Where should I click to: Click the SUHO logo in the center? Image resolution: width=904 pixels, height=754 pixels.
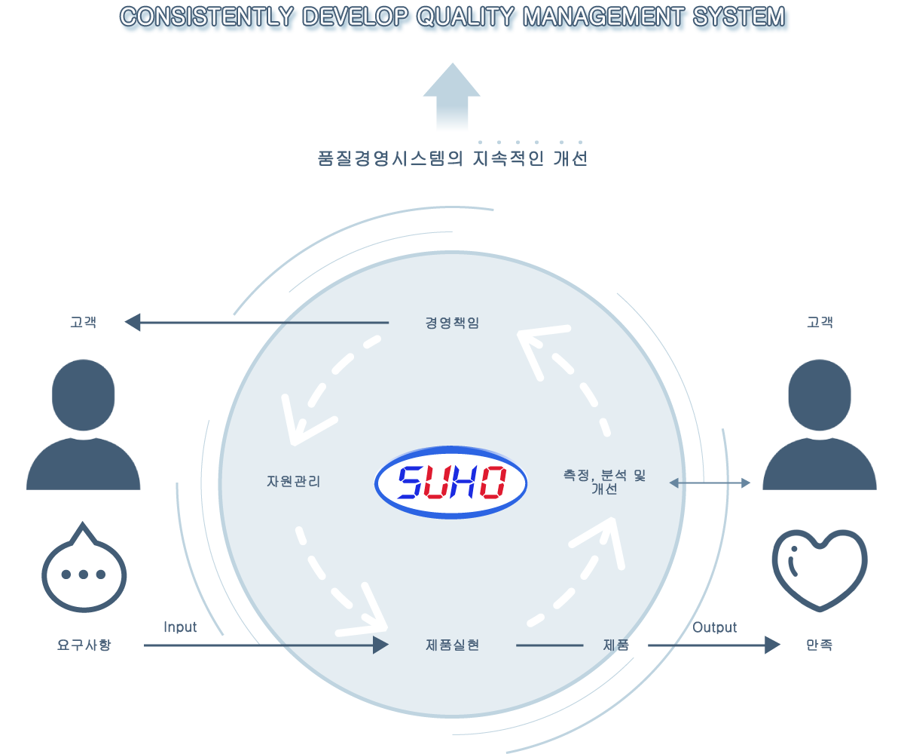click(x=450, y=483)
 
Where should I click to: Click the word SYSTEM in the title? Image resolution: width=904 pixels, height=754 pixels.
click(x=738, y=17)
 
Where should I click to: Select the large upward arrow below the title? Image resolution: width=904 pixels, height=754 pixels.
click(x=451, y=97)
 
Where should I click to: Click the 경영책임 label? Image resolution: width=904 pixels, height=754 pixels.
click(x=452, y=323)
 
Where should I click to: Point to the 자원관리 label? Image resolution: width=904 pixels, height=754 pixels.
click(x=294, y=482)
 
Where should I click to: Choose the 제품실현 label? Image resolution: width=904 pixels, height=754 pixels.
click(x=453, y=645)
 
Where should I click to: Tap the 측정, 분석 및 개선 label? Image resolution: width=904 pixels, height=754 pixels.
click(x=604, y=482)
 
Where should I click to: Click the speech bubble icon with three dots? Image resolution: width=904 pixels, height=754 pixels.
click(x=84, y=568)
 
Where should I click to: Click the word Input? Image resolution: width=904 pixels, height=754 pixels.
click(x=180, y=627)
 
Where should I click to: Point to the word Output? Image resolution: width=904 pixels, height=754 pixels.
click(x=714, y=627)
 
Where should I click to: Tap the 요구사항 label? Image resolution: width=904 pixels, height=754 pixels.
click(x=84, y=645)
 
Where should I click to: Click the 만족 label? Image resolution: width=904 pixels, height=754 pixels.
click(x=819, y=645)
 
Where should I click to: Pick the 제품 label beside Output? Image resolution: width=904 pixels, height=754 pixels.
click(x=616, y=645)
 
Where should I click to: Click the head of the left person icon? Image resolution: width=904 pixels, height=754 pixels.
click(x=83, y=395)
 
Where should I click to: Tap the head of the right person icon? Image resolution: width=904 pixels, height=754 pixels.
click(x=820, y=395)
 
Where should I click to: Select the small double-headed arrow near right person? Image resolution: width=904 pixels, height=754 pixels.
click(x=710, y=483)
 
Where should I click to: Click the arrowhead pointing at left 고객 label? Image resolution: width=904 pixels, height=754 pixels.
click(x=133, y=323)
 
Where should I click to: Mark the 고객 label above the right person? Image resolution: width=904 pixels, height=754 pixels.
click(x=820, y=323)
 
